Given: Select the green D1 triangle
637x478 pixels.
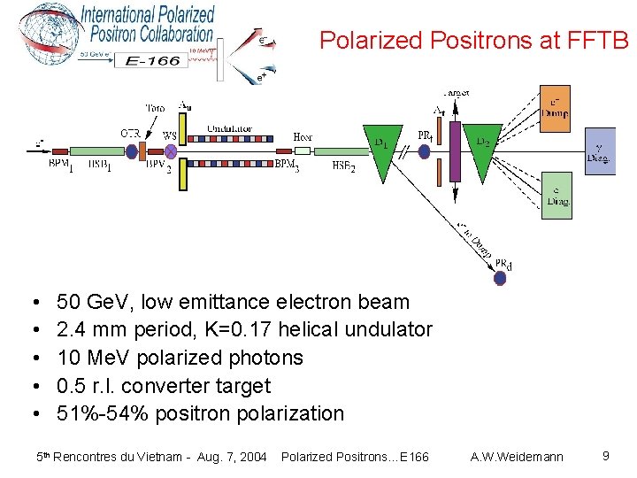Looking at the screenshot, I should tap(382, 150).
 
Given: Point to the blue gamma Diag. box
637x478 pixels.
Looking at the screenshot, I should tap(602, 151).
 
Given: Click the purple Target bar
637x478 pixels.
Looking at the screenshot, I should tap(456, 151).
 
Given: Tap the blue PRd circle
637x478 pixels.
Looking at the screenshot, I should tap(500, 278).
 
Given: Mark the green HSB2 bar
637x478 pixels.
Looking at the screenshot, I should tap(341, 151).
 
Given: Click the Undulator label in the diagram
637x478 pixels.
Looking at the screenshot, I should tap(229, 129).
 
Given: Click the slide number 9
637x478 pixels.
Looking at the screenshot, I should tap(605, 456).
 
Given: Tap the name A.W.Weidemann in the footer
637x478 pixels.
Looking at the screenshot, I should tap(518, 457).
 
